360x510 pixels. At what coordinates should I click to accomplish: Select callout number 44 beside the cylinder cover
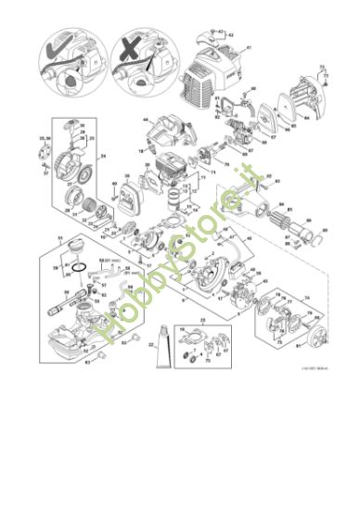(x=147, y=121)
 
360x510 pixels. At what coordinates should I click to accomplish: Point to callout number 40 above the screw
(x=114, y=185)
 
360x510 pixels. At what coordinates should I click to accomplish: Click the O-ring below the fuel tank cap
(x=83, y=271)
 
